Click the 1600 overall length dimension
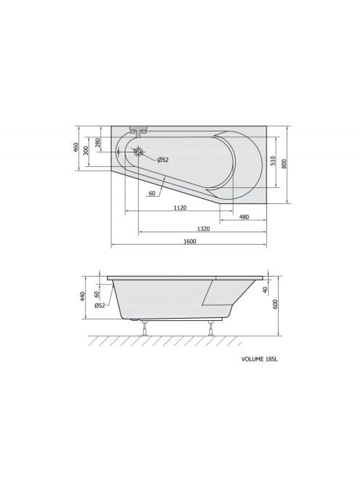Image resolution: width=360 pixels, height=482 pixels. click(x=189, y=241)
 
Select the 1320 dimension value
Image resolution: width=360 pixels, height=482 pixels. click(x=203, y=229)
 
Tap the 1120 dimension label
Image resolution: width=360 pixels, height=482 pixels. click(x=180, y=208)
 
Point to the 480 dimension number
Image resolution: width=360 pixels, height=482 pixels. click(x=244, y=217)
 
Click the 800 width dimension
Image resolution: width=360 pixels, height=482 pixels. click(x=284, y=164)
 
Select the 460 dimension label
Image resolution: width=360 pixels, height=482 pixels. click(x=76, y=147)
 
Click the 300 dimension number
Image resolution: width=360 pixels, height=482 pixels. click(x=86, y=151)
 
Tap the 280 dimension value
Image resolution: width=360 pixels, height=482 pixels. click(x=98, y=143)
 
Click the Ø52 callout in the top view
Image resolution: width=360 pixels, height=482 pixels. click(x=163, y=160)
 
